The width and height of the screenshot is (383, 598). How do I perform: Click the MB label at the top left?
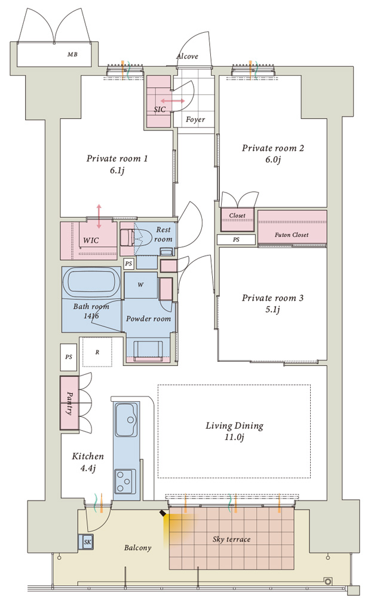[72, 54]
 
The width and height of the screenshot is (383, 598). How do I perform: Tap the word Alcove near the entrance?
[187, 56]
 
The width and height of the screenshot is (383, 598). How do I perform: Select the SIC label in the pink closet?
[160, 109]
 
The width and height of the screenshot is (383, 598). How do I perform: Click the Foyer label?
[195, 120]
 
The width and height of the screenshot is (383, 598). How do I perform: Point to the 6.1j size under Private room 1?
[117, 170]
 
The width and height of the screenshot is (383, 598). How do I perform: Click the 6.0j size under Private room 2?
[273, 160]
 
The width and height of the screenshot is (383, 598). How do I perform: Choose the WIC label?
[91, 240]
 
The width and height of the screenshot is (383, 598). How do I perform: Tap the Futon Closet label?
[292, 235]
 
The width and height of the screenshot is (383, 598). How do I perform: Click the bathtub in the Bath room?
[91, 283]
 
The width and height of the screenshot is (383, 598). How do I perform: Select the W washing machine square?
[140, 285]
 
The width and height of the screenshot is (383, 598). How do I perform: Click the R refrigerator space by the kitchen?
[97, 352]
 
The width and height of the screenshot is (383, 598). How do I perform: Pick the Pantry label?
[70, 403]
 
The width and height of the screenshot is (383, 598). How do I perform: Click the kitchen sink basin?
[126, 420]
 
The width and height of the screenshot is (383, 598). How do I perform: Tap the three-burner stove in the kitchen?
[125, 481]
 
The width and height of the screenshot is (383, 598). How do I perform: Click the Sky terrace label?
[231, 539]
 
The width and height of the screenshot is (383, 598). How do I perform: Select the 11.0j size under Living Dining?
[234, 437]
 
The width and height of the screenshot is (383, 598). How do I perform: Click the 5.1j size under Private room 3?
[273, 310]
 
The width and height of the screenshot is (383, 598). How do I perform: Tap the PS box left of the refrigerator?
[69, 357]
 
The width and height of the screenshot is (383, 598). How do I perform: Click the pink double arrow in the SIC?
[173, 101]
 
